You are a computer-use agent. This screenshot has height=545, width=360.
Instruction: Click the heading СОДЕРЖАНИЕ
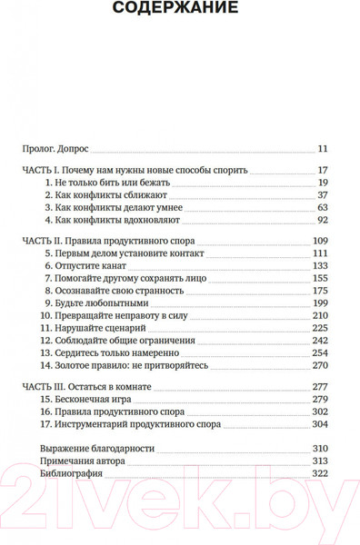pyautogui.click(x=179, y=10)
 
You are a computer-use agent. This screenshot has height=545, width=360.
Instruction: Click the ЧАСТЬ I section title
pyautogui.click(x=134, y=170)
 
